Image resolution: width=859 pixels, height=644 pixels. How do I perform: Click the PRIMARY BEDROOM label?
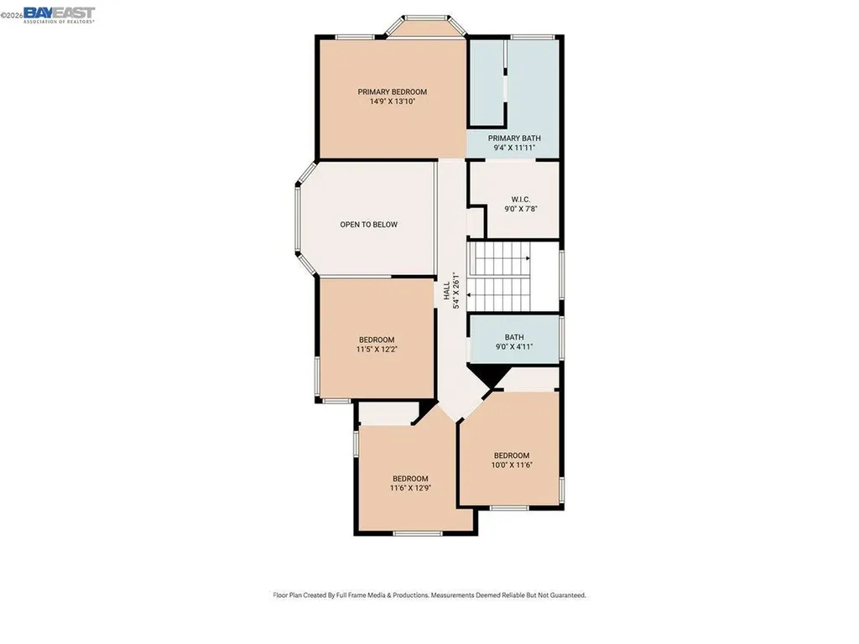pos(392,92)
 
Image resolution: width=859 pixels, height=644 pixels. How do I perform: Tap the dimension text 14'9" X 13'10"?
pos(392,101)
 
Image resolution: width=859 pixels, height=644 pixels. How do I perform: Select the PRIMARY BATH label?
pos(514,138)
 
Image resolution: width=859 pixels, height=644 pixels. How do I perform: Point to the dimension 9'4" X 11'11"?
pos(514,148)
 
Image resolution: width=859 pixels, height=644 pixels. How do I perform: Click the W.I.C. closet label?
pos(513,200)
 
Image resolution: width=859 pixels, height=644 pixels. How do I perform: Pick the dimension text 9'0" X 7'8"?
pos(513,209)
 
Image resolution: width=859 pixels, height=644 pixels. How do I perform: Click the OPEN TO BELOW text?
pos(368,225)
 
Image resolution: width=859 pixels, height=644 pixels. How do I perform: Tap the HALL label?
pos(445,291)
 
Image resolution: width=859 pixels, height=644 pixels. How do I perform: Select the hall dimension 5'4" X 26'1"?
pos(456,291)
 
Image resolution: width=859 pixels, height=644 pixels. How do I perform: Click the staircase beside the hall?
pos(500,276)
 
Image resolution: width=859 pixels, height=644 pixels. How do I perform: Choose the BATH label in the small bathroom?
pos(514,337)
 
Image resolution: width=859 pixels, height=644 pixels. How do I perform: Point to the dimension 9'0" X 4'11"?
pos(514,346)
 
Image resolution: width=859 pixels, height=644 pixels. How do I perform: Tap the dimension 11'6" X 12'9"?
pos(410,488)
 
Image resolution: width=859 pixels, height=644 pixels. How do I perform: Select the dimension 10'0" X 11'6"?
pos(512,465)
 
